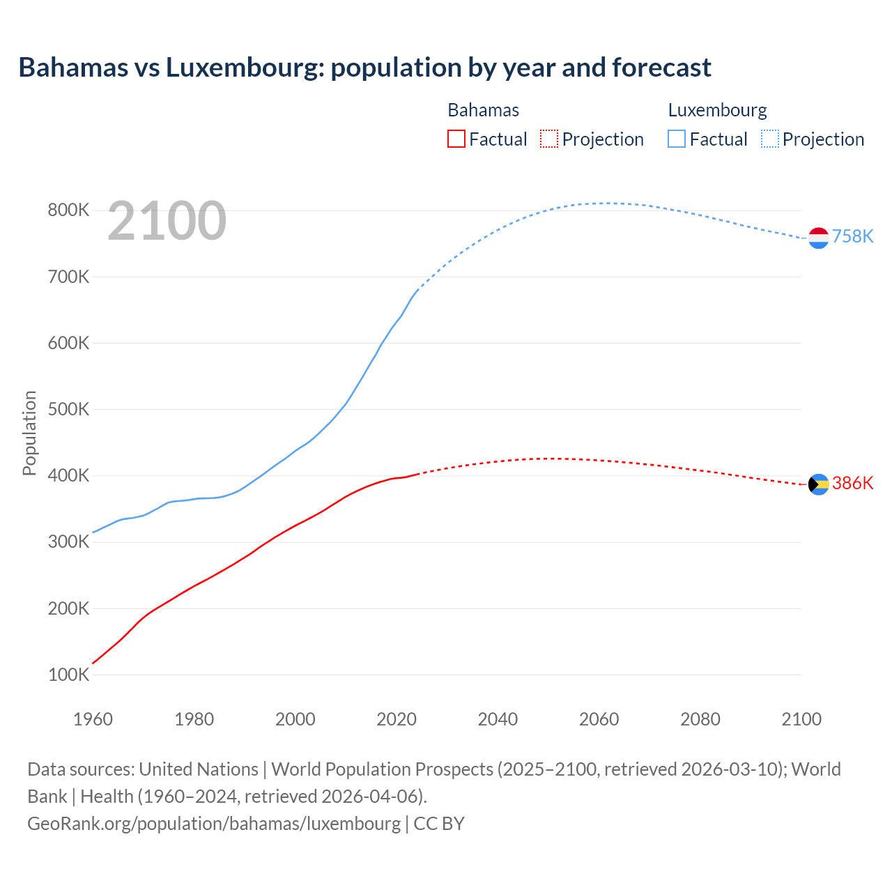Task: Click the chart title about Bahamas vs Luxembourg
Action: [x=364, y=68]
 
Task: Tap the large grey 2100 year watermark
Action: [x=167, y=221]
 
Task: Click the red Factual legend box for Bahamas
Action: [x=456, y=139]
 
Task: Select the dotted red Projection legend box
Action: [x=549, y=139]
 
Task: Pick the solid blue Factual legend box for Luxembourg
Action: [x=676, y=139]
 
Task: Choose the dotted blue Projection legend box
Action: [x=769, y=139]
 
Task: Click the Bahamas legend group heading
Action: [x=483, y=110]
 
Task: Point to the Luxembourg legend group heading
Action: [x=717, y=110]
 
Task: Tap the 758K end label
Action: [x=852, y=237]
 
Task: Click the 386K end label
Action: [x=852, y=484]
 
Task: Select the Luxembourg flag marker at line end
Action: [x=818, y=238]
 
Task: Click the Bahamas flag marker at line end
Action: [x=818, y=484]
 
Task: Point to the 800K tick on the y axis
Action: [x=68, y=210]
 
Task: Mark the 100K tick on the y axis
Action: [x=68, y=675]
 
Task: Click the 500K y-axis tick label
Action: [x=68, y=409]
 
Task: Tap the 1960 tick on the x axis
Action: [x=93, y=719]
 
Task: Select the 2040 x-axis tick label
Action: [x=498, y=719]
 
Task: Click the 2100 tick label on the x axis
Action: [x=801, y=719]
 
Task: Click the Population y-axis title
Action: [x=29, y=433]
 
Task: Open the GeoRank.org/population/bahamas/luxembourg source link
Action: [x=214, y=824]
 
